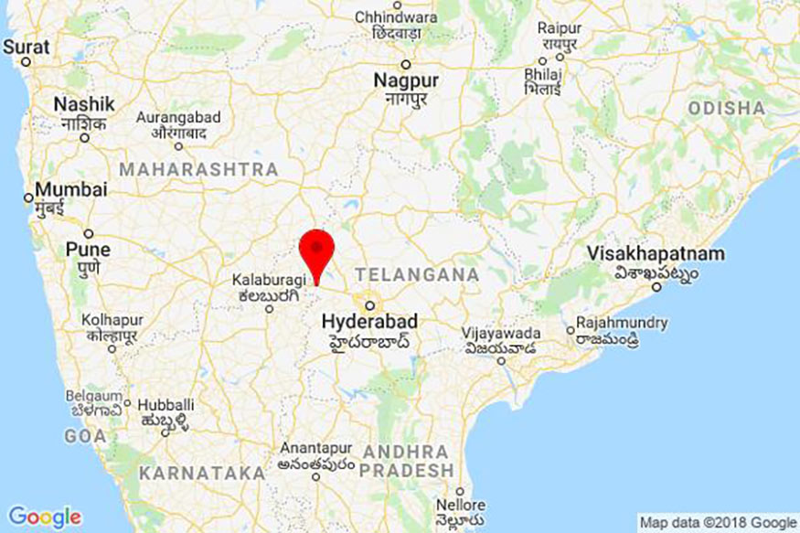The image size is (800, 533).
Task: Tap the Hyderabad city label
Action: [x=369, y=322]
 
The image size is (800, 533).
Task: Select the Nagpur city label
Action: [x=406, y=80]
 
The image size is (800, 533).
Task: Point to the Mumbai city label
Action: [x=70, y=190]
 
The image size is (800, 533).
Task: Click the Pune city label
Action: [x=88, y=249]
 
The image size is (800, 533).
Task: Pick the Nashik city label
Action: [x=84, y=104]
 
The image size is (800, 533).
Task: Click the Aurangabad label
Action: [x=178, y=118]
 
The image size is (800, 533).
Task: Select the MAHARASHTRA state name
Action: [x=198, y=169]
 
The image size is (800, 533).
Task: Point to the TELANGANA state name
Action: [x=417, y=274]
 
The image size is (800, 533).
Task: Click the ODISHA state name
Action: [x=727, y=108]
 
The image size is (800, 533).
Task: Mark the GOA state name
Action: [x=85, y=437]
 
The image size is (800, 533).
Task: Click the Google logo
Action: [x=44, y=517]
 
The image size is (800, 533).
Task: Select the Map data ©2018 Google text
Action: [x=718, y=522]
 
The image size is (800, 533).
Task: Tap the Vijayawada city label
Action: [x=501, y=334]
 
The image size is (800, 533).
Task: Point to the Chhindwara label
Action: [x=396, y=16]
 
